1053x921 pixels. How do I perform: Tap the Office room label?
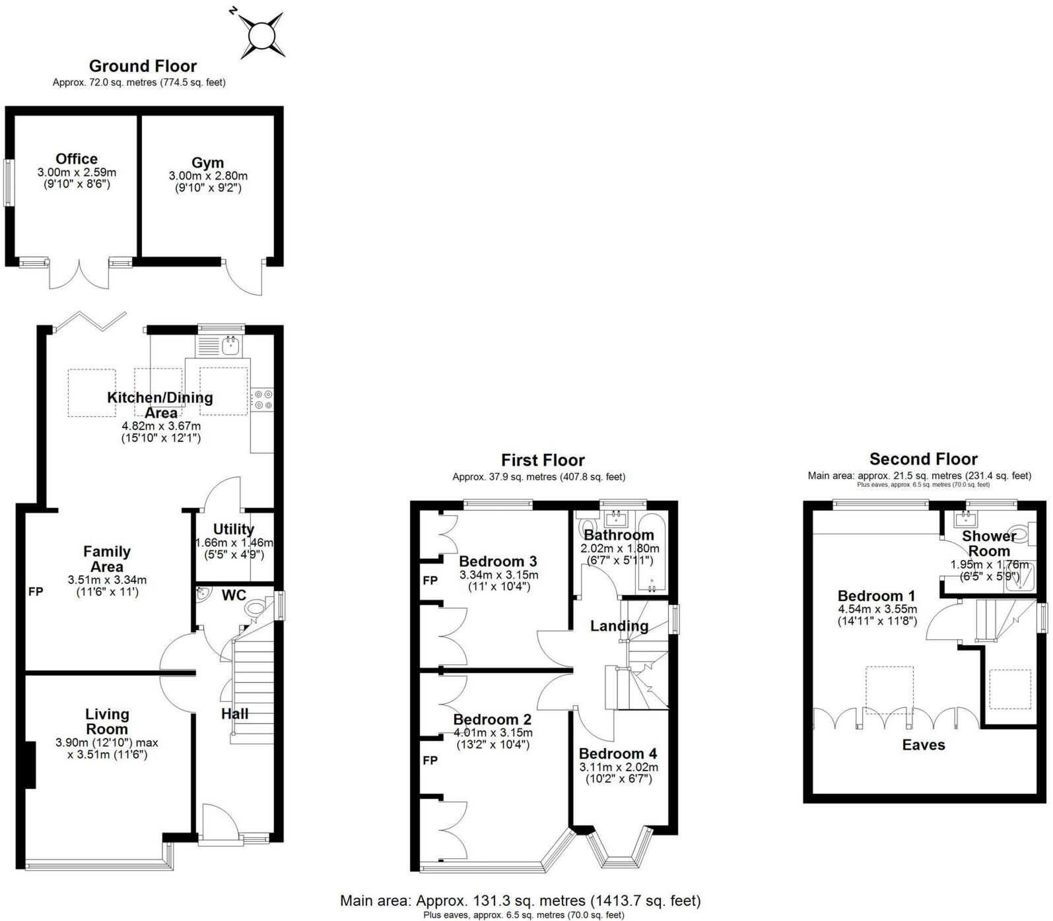pos(77,159)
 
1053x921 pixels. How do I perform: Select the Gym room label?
pos(207,163)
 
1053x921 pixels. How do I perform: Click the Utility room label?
pos(233,529)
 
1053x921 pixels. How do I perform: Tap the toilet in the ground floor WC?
pos(254,608)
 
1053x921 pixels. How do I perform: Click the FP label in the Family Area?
pos(36,592)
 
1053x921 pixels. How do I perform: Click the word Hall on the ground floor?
pos(234,714)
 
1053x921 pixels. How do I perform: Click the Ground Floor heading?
pos(143,66)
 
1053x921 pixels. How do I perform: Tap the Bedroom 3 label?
pos(498,561)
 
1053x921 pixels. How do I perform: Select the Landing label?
pos(619,625)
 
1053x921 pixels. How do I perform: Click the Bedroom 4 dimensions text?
pos(619,773)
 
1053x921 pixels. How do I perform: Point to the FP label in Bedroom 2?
pos(430,761)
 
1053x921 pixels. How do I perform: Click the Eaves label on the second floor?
pos(924,745)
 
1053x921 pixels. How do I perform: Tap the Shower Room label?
pos(988,543)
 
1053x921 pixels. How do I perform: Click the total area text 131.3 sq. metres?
pos(520,901)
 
